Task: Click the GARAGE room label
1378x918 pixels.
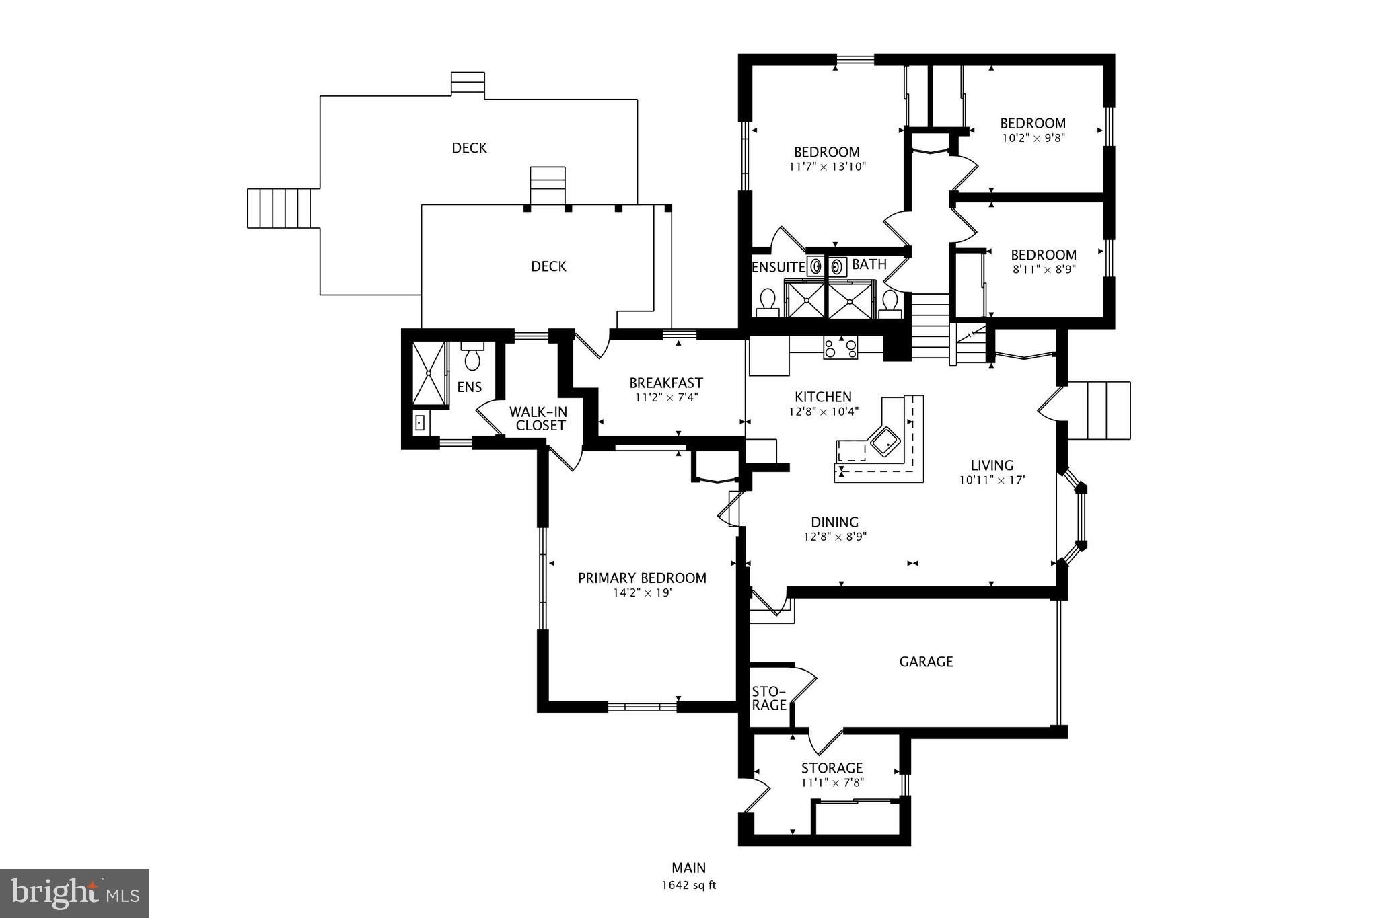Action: point(926,662)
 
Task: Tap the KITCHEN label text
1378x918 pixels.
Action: point(823,397)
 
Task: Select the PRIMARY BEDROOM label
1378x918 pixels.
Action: point(642,578)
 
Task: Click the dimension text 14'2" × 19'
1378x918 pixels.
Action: point(642,593)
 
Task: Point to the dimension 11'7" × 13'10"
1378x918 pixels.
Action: point(826,167)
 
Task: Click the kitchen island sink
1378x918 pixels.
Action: point(885,443)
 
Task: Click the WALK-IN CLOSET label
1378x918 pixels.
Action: point(538,418)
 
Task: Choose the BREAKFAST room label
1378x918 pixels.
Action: point(666,383)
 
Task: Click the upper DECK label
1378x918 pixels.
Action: point(469,148)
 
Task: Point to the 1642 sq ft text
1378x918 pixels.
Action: point(688,885)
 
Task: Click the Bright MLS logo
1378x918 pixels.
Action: point(75,893)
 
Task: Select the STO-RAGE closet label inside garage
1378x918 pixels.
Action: point(768,698)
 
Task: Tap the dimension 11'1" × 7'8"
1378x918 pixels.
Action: point(832,783)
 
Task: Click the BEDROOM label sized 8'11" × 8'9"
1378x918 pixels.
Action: point(1043,255)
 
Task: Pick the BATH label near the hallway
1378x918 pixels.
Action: point(869,264)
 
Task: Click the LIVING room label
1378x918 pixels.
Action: point(991,465)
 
